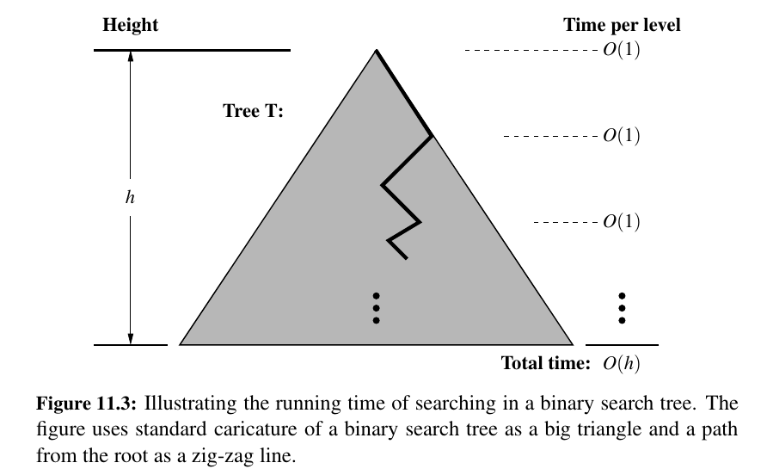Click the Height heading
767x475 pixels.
pyautogui.click(x=131, y=25)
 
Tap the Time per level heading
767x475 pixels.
pyautogui.click(x=622, y=25)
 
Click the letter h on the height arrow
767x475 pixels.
pyautogui.click(x=130, y=197)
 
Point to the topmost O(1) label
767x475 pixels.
pyautogui.click(x=622, y=51)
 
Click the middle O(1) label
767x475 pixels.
pyautogui.click(x=622, y=136)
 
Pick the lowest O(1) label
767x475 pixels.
pyautogui.click(x=622, y=222)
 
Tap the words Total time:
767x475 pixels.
pyautogui.click(x=545, y=363)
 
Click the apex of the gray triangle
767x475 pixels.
pyautogui.click(x=376, y=52)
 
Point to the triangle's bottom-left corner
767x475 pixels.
pyautogui.click(x=181, y=344)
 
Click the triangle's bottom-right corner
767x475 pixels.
pyautogui.click(x=572, y=344)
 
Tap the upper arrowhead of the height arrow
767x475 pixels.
pyautogui.click(x=130, y=58)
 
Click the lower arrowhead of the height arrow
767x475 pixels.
pyautogui.click(x=130, y=337)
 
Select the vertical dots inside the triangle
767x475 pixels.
pyautogui.click(x=376, y=308)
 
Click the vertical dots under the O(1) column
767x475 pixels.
pyautogui.click(x=622, y=308)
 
